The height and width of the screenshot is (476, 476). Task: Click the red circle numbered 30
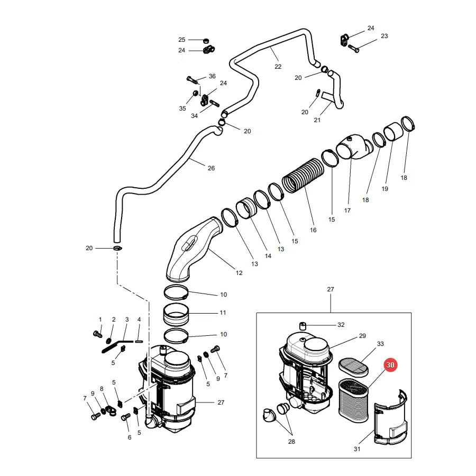[x=390, y=365]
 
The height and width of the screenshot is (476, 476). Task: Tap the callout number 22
[x=278, y=67]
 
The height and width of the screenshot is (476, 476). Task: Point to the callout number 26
[x=211, y=168]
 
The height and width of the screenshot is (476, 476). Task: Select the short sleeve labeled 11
[x=176, y=315]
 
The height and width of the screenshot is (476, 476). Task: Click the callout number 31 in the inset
[x=357, y=448]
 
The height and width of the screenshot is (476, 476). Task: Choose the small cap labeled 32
[x=303, y=326]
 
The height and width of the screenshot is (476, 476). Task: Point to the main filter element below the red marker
[x=353, y=400]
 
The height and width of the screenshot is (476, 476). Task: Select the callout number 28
[x=291, y=442]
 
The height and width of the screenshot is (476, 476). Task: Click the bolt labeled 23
[x=354, y=48]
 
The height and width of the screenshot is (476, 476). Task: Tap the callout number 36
[x=212, y=76]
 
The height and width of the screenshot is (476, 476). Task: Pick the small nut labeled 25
[x=206, y=40]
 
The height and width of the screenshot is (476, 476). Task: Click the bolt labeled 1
[x=97, y=334]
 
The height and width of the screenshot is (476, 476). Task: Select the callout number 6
[x=130, y=437]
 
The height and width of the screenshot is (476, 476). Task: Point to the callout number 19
[x=385, y=189]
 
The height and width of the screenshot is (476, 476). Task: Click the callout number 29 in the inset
[x=362, y=336]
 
